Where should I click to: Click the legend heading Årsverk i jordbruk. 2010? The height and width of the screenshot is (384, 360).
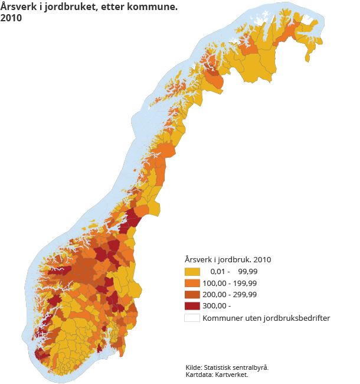(x=227, y=259)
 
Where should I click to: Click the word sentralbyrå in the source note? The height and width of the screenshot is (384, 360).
(x=251, y=367)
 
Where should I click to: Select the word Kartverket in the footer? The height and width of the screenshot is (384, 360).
(x=232, y=374)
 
